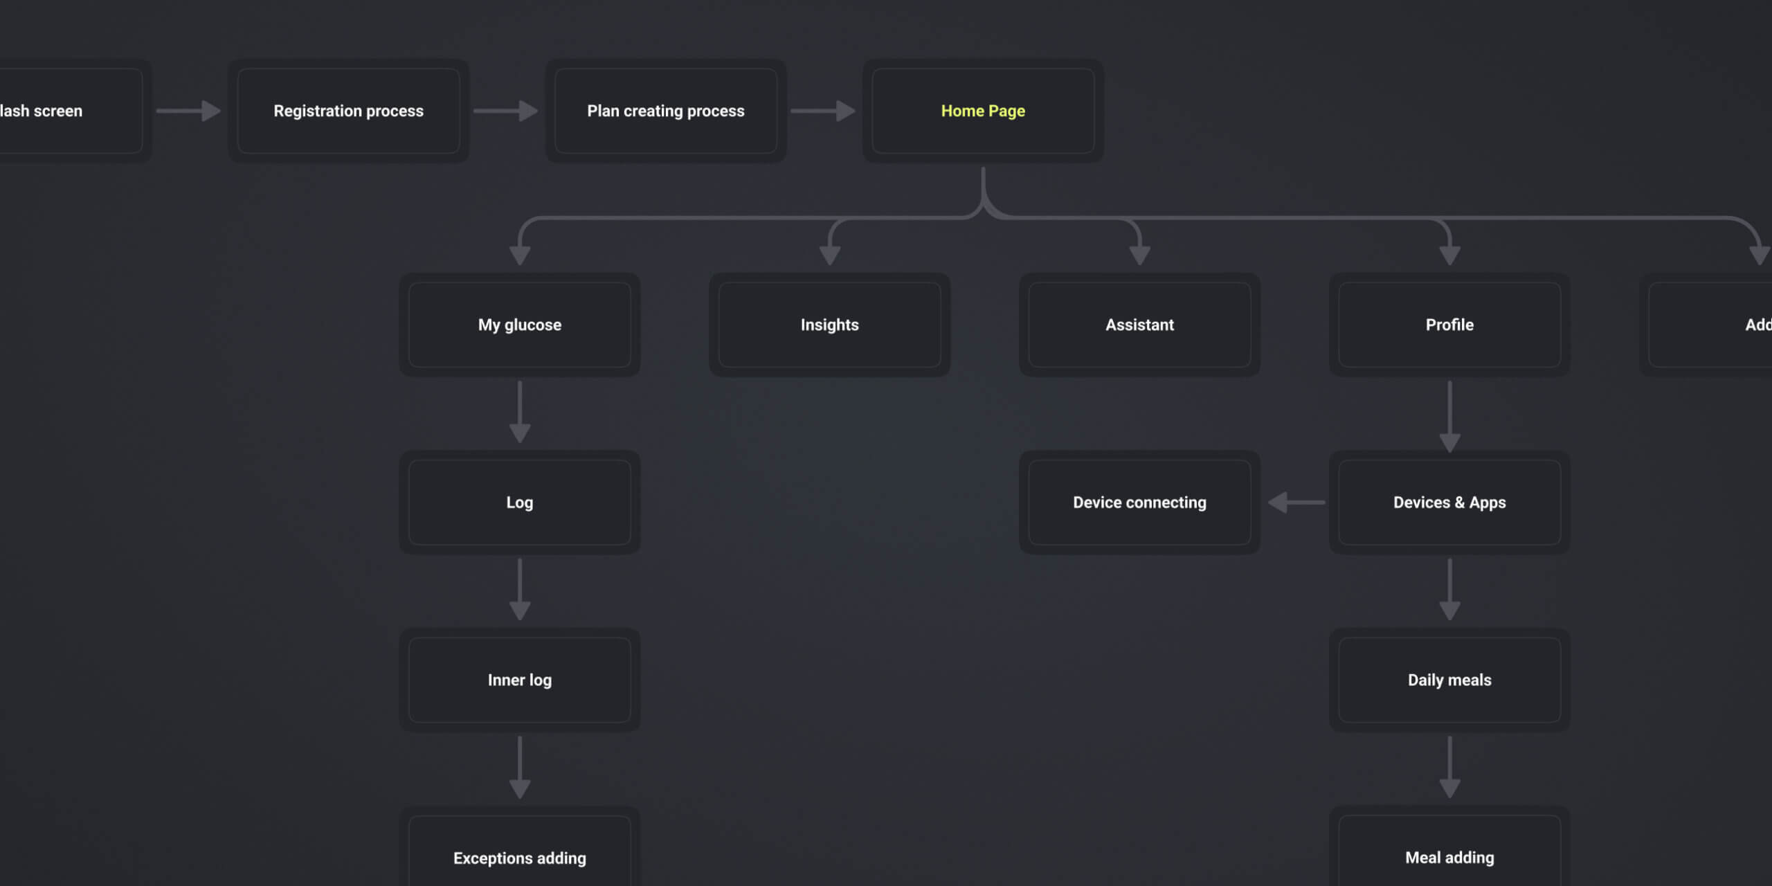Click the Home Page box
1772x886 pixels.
point(983,111)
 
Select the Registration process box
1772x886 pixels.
point(348,111)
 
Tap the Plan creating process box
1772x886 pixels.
point(665,111)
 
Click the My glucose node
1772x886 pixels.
point(519,325)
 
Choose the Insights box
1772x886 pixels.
point(829,325)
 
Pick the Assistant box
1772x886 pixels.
point(1139,325)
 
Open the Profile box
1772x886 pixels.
point(1449,325)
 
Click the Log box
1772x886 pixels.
point(519,503)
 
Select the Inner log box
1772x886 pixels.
point(519,680)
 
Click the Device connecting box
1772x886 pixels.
point(1139,503)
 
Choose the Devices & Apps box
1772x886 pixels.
point(1449,503)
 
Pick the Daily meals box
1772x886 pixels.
point(1449,680)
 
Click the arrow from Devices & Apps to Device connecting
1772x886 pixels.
point(1296,503)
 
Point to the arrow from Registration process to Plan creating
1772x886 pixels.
point(506,111)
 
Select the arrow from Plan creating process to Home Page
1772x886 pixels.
point(823,111)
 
